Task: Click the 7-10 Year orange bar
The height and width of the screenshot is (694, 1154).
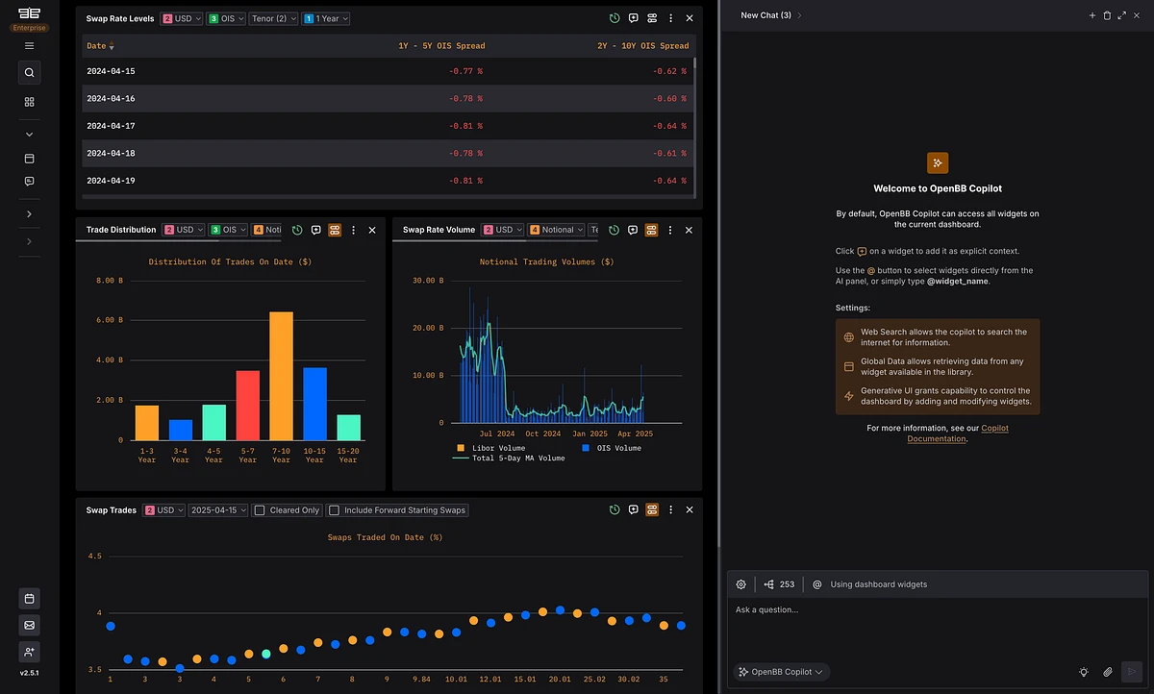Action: pos(281,376)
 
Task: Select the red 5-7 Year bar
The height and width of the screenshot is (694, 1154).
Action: pos(247,405)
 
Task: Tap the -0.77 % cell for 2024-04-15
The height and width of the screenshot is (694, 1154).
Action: pos(465,71)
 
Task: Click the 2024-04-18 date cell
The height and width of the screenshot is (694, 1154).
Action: pos(111,154)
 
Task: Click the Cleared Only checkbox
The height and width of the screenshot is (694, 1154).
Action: pos(260,510)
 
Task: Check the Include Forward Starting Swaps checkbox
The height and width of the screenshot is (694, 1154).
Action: pos(334,510)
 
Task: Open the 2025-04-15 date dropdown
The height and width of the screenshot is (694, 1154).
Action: pos(218,510)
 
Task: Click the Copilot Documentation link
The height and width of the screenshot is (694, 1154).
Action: pos(958,434)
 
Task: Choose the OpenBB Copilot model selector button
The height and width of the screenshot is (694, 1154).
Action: pos(782,672)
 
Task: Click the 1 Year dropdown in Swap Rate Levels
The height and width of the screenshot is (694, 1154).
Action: pos(326,18)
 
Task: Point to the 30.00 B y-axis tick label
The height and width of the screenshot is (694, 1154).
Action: pos(429,281)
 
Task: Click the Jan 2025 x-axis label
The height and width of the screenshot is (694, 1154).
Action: pos(591,434)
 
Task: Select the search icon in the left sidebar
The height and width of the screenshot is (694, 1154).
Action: pos(29,72)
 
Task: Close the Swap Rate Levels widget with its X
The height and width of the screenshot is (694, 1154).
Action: pos(689,18)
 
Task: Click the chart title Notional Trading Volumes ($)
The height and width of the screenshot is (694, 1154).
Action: pos(546,261)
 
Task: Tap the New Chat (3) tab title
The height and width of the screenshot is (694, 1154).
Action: pos(765,15)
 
